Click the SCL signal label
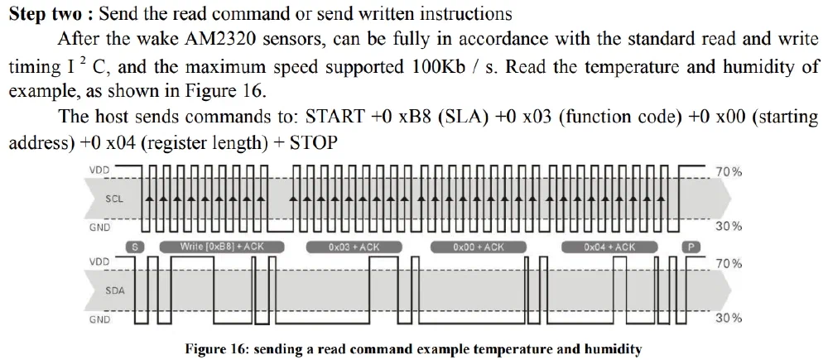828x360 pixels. click(115, 199)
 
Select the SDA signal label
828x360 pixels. click(115, 290)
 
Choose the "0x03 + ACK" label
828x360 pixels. click(354, 247)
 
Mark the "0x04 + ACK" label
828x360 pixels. click(609, 247)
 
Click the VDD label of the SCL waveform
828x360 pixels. click(99, 170)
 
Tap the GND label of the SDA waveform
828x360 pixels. click(99, 319)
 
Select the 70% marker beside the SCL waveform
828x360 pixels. click(729, 171)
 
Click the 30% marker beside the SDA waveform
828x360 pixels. click(729, 318)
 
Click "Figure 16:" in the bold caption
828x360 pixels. click(217, 348)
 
